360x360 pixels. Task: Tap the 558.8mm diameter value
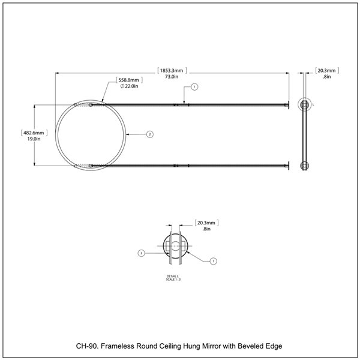click(x=129, y=80)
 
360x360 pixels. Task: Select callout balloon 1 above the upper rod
click(x=194, y=87)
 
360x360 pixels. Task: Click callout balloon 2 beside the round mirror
click(x=150, y=134)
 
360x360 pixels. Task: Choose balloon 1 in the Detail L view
click(x=214, y=260)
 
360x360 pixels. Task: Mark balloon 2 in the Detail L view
click(x=141, y=253)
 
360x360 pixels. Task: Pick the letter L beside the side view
click(x=314, y=104)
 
